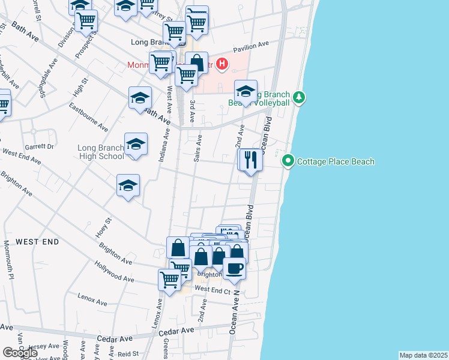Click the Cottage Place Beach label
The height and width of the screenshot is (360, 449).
(336, 161)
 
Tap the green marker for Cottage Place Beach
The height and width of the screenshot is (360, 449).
(288, 161)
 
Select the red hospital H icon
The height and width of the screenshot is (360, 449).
(222, 63)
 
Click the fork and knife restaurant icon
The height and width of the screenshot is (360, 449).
(252, 160)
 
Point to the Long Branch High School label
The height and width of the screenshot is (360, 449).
(101, 152)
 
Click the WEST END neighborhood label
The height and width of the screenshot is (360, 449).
(37, 241)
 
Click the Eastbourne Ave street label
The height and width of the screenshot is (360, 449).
(88, 118)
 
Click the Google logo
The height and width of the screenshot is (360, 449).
(20, 353)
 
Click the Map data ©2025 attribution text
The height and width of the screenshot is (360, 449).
(424, 355)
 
